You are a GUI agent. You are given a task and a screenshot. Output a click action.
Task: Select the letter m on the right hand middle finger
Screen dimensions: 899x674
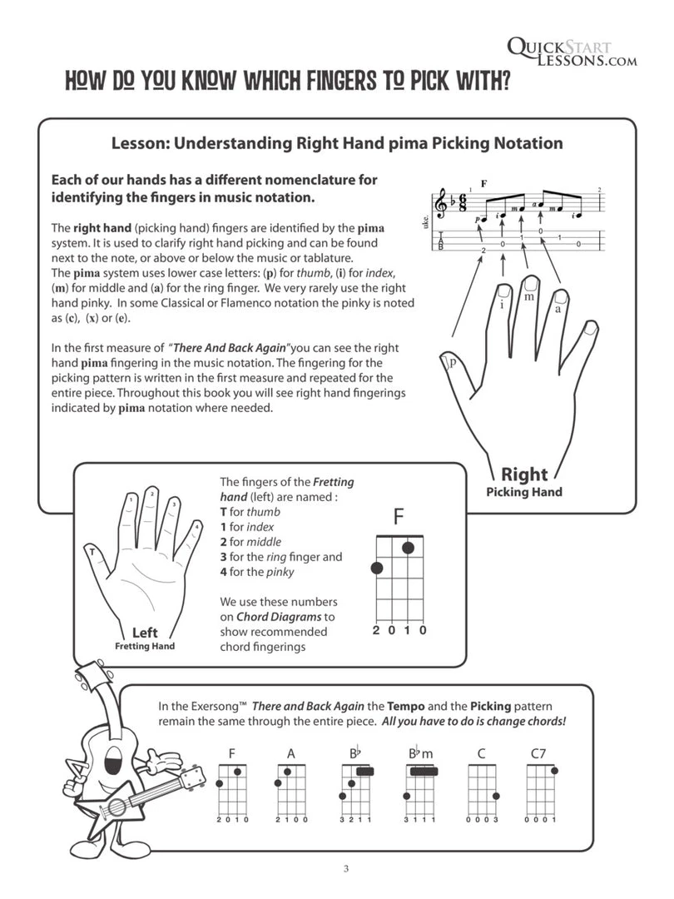tap(529, 296)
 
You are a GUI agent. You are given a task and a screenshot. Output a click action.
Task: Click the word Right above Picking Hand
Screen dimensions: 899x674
tap(524, 474)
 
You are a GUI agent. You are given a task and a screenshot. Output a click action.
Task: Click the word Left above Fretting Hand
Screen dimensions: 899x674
tap(145, 633)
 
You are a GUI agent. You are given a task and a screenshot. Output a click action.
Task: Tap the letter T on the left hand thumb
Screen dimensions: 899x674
tap(90, 551)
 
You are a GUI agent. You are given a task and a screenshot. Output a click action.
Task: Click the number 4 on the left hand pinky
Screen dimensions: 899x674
tap(196, 526)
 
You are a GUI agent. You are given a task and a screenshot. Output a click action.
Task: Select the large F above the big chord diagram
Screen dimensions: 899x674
tap(399, 517)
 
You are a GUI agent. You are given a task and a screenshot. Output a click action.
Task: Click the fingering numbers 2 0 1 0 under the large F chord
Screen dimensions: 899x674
tap(399, 630)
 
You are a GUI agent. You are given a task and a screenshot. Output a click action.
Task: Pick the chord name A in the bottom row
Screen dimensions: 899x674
tap(291, 754)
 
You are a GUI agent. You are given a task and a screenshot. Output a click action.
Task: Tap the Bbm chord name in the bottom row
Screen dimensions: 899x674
tap(422, 754)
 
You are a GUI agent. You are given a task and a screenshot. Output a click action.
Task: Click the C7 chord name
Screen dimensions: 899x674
tap(538, 754)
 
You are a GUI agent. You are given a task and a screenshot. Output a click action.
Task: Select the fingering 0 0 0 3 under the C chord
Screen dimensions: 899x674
tap(481, 821)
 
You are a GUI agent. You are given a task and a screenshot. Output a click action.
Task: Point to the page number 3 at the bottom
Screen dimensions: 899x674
tap(345, 870)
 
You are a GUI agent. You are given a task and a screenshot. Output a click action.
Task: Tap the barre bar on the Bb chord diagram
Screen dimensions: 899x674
tap(364, 772)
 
